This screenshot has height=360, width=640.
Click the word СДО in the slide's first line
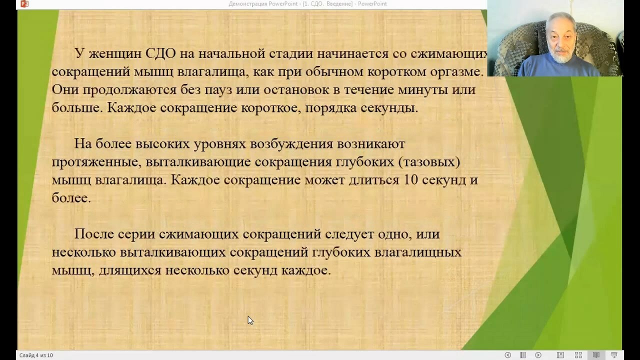[x=160, y=53]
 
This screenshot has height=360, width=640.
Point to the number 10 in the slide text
[x=411, y=179]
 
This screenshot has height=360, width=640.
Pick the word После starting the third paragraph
[x=94, y=234]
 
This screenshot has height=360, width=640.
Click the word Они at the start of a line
[x=65, y=89]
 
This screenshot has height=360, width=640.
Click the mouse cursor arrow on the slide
[x=250, y=320]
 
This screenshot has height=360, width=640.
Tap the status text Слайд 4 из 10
[x=36, y=355]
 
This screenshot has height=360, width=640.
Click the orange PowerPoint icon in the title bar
[x=24, y=3]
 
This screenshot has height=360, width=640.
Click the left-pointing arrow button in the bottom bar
[x=507, y=355]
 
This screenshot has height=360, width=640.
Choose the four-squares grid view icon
[x=578, y=355]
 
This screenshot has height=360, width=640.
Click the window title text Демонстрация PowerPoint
[x=263, y=4]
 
